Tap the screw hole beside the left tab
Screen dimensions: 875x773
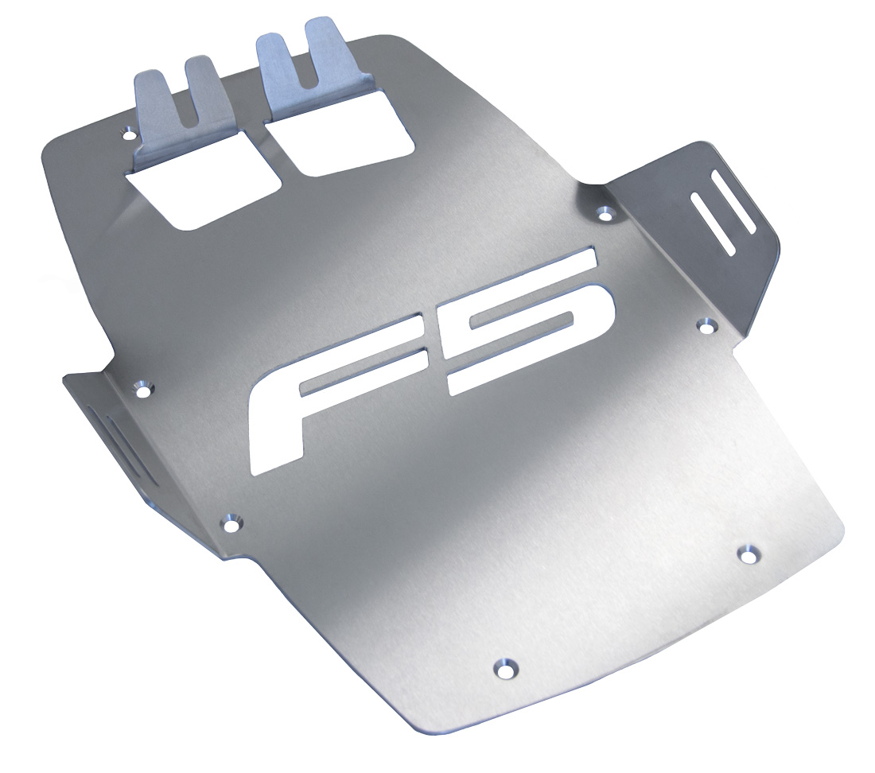click(x=128, y=134)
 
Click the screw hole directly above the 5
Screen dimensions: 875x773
click(x=605, y=212)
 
